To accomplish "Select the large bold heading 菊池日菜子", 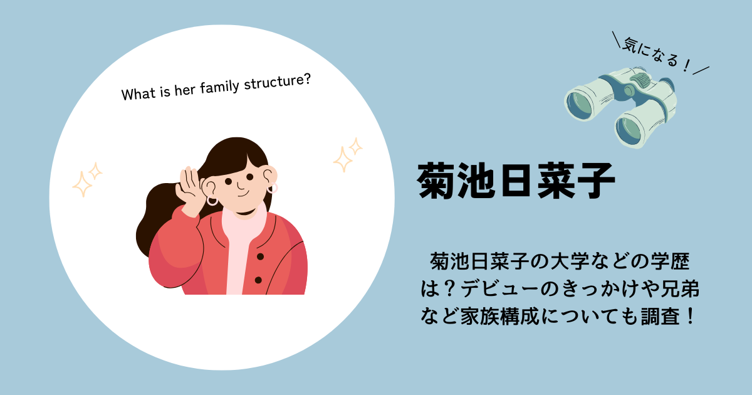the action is pos(516,181).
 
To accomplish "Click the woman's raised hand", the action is pos(190,191).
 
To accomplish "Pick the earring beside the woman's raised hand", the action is pos(212,201).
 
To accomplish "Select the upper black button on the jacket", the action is pos(260,256).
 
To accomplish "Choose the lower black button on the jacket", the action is pos(258,280).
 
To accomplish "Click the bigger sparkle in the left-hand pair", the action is pos(82,184).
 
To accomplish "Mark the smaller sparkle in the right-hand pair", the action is pos(355,147).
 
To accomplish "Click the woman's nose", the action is pos(239,186).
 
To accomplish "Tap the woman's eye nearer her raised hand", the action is pos(229,182).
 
